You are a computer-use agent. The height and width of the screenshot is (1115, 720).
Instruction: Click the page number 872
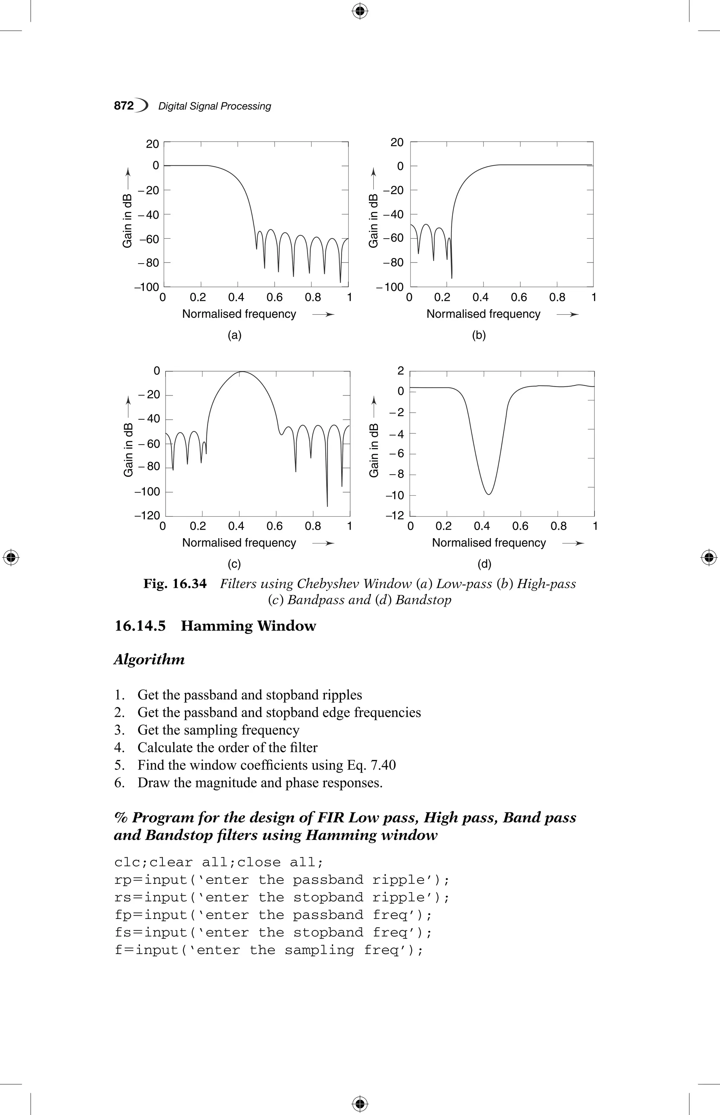pos(123,106)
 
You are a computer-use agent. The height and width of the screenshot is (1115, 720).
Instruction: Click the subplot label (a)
pos(234,335)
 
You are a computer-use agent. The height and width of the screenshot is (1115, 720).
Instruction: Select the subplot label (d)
pos(484,564)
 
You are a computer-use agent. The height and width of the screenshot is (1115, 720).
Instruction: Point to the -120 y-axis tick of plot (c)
pos(147,515)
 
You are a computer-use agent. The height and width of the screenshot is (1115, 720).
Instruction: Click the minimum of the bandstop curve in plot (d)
pos(489,494)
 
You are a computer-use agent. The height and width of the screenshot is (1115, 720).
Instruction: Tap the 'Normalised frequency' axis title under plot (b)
pos(483,314)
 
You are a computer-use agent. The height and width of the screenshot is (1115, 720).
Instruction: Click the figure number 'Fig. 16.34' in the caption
pos(175,584)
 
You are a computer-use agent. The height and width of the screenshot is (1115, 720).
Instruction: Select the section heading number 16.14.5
pos(140,626)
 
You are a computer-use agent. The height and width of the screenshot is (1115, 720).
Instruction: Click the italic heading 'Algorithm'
pos(149,660)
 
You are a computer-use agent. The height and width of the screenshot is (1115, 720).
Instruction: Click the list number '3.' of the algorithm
pos(120,730)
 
